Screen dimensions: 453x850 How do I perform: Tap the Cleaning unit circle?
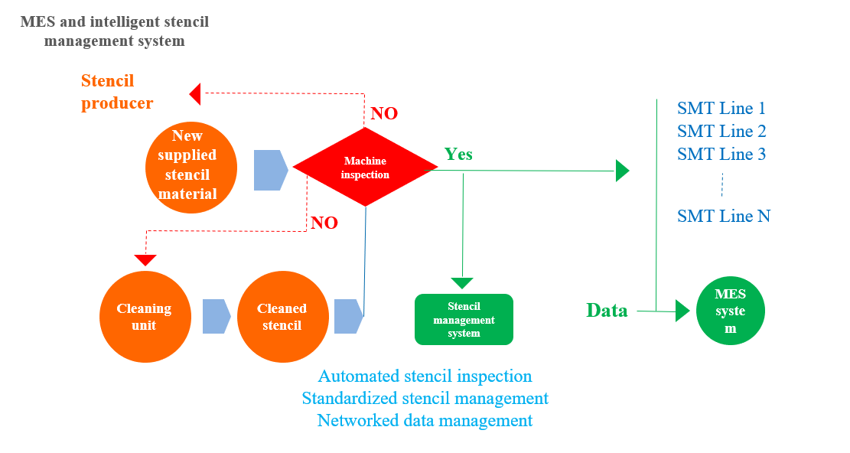point(144,317)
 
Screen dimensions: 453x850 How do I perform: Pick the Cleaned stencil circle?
point(282,317)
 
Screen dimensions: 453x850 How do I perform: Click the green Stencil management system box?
point(464,320)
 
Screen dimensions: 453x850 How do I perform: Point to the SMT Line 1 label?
point(721,109)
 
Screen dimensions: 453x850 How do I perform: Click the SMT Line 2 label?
point(721,132)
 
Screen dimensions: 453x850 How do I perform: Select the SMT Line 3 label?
point(721,155)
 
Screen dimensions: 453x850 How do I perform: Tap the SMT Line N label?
point(724,217)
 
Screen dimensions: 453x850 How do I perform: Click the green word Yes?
point(458,155)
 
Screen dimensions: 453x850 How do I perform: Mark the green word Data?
point(607,311)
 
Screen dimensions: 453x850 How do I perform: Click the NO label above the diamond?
point(384,114)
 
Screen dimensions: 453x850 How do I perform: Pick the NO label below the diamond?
point(324,223)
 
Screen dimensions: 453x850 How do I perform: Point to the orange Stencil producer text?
point(118,92)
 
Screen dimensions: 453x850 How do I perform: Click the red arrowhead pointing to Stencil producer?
point(195,94)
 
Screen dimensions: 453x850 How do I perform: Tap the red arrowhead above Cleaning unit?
point(145,260)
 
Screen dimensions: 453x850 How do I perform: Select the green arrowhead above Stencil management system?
point(462,283)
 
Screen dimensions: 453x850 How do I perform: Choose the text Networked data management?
point(425,421)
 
